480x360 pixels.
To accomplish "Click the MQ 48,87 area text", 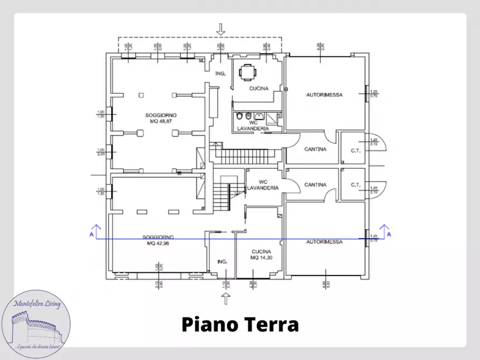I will [161, 121].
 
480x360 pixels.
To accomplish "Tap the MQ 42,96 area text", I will [158, 243].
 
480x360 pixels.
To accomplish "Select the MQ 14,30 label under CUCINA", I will [261, 258].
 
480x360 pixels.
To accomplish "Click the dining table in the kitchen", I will [247, 72].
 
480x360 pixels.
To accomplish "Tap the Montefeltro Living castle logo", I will [36, 325].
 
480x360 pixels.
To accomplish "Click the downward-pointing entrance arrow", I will [220, 29].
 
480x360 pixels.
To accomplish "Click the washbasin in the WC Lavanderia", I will [259, 116].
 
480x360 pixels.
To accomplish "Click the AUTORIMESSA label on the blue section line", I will [324, 242].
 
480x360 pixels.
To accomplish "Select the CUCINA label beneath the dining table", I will [259, 89].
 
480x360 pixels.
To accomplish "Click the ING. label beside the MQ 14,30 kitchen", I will [222, 262].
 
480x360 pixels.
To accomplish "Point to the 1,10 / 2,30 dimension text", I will [225, 283].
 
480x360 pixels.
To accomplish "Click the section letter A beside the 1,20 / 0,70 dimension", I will [389, 234].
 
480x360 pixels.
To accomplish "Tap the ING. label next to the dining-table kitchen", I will [219, 73].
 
